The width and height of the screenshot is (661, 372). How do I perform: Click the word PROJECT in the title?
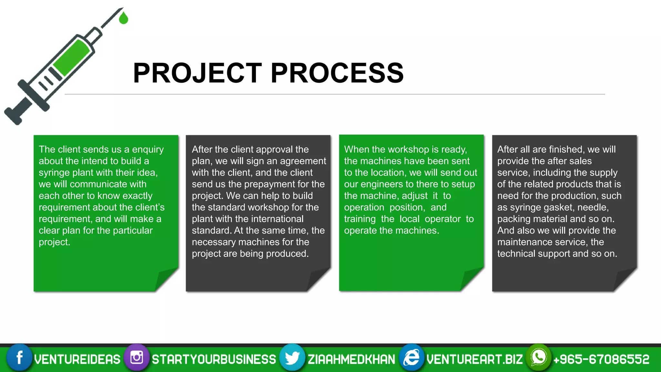click(x=197, y=73)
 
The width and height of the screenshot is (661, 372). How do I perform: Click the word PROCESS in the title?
click(x=337, y=73)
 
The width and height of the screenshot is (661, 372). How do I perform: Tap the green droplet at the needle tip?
click(x=123, y=18)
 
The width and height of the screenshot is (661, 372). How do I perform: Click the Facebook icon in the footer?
click(x=19, y=358)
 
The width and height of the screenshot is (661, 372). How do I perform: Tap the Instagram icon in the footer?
click(x=137, y=358)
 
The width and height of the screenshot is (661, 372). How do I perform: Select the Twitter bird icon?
click(x=292, y=358)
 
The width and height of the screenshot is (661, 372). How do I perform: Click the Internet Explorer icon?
click(x=412, y=358)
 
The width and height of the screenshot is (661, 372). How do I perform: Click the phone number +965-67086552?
click(x=601, y=359)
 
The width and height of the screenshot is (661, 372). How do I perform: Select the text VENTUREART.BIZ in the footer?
click(x=474, y=359)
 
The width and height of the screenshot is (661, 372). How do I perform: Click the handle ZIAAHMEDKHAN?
click(x=351, y=359)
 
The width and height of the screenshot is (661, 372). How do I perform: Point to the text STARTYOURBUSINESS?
click(x=214, y=359)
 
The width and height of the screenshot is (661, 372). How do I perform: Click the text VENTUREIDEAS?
click(x=77, y=359)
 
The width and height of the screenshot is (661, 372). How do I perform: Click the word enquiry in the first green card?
click(x=148, y=150)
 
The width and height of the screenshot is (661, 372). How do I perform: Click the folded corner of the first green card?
click(x=165, y=279)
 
